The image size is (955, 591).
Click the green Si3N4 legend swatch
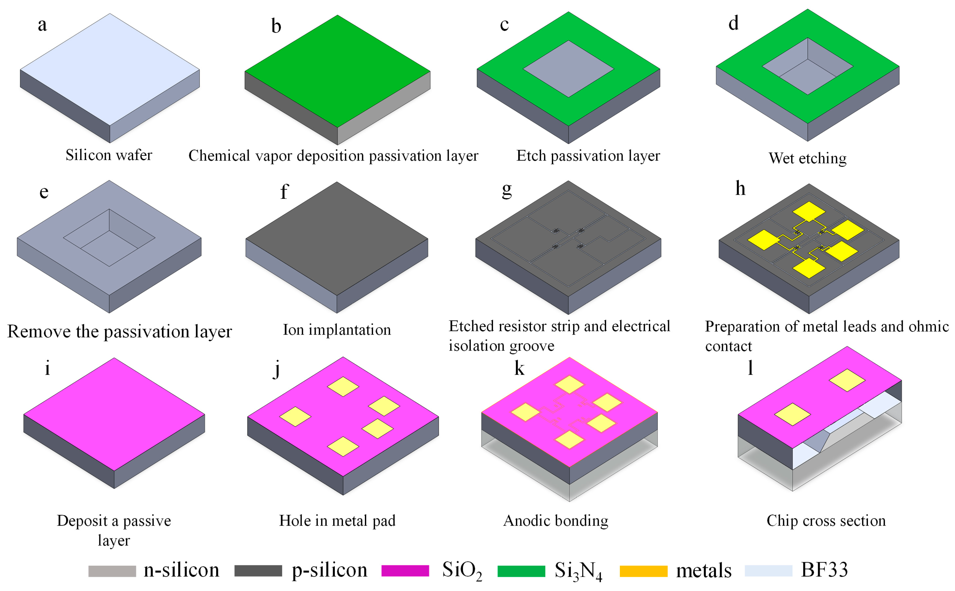521,571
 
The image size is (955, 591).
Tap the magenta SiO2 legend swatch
405,571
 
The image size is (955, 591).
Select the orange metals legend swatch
643,571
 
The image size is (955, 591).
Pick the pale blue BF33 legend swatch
768,571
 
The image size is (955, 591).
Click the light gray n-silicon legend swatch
112,571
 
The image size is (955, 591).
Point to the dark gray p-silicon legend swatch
258,571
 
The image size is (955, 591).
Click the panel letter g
507,190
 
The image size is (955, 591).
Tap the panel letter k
519,368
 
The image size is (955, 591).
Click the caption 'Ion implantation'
337,330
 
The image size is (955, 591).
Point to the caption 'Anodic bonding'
555,521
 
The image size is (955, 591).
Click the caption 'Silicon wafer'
109,155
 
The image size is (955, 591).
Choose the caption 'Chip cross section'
826,521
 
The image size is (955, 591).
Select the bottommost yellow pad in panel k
569,440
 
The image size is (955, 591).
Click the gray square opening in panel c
568,69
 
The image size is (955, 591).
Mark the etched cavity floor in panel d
807,77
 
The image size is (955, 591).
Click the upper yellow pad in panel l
847,380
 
